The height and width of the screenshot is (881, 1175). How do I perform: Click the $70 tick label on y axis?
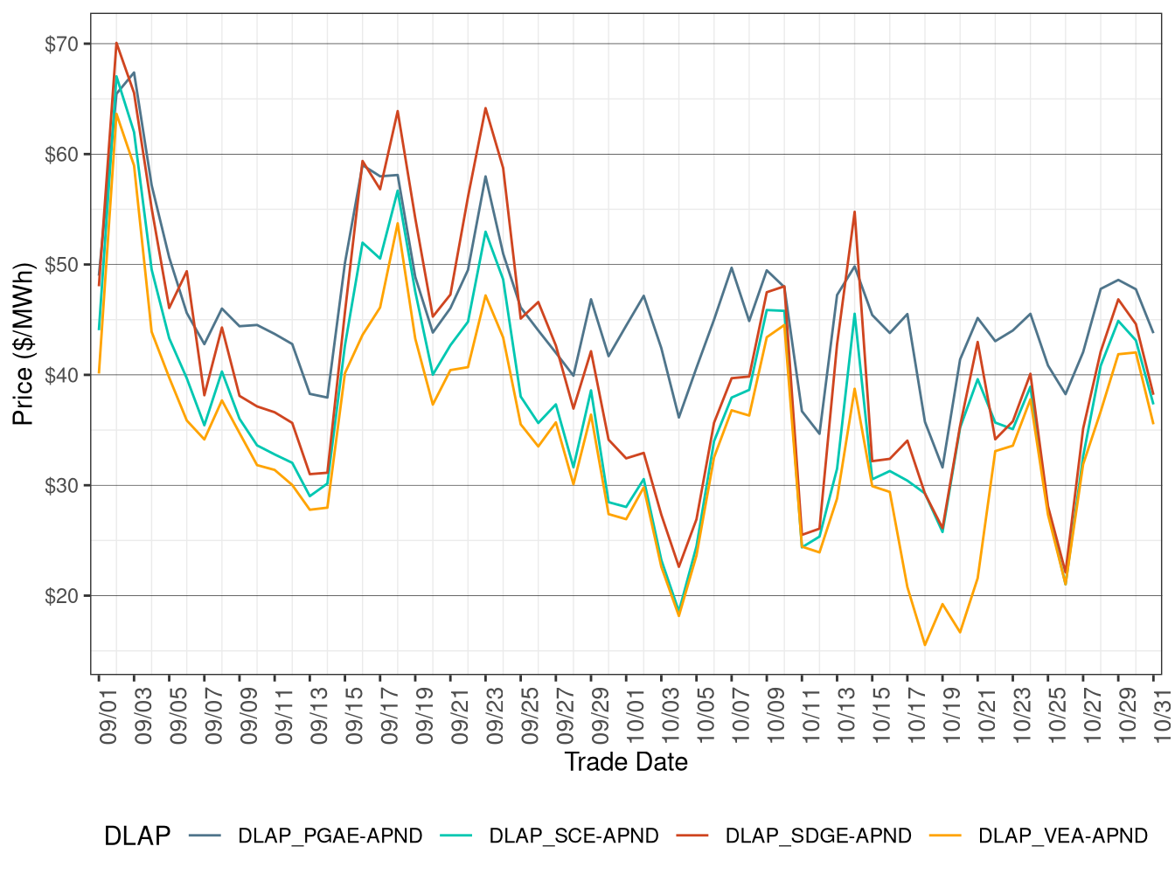[x=61, y=44]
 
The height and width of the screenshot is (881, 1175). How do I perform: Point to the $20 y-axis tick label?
[x=61, y=596]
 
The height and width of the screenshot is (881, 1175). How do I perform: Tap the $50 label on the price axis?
[x=61, y=265]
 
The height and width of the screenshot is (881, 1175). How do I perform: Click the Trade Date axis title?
[x=626, y=762]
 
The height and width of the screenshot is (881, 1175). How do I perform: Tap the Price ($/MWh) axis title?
[x=23, y=343]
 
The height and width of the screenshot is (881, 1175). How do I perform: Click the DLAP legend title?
[x=137, y=836]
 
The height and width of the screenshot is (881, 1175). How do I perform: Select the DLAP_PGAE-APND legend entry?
[x=330, y=836]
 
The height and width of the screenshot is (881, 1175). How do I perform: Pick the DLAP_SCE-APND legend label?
[x=574, y=836]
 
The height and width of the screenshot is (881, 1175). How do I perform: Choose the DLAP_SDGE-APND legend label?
[x=818, y=836]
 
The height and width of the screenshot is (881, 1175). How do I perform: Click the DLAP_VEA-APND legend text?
[x=1062, y=836]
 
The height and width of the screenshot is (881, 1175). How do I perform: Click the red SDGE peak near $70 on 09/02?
[x=116, y=43]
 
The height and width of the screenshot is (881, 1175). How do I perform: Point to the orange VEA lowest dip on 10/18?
[x=925, y=645]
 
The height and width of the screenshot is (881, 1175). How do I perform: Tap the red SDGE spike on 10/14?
[x=854, y=212]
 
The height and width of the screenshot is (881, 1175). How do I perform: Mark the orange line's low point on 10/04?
[x=678, y=616]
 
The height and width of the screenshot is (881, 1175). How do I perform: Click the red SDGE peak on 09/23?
[x=485, y=108]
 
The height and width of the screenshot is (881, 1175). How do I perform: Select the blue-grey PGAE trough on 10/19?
[x=942, y=468]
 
